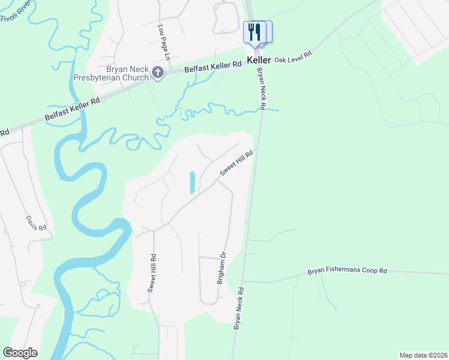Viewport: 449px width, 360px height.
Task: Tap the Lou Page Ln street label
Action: click(164, 37)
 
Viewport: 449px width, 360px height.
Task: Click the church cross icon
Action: click(158, 73)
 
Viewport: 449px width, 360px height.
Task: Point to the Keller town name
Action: click(261, 61)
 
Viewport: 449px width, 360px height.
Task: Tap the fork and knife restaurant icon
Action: click(253, 32)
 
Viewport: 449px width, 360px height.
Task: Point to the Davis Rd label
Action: click(36, 223)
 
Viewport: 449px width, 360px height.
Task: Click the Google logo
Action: click(20, 353)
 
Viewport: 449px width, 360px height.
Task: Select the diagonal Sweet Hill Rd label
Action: click(237, 163)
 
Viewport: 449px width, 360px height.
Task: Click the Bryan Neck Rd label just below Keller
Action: click(261, 88)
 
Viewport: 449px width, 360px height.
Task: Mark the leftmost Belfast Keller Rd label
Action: click(72, 111)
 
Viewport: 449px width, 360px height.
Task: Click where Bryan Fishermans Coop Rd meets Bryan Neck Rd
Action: click(243, 281)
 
